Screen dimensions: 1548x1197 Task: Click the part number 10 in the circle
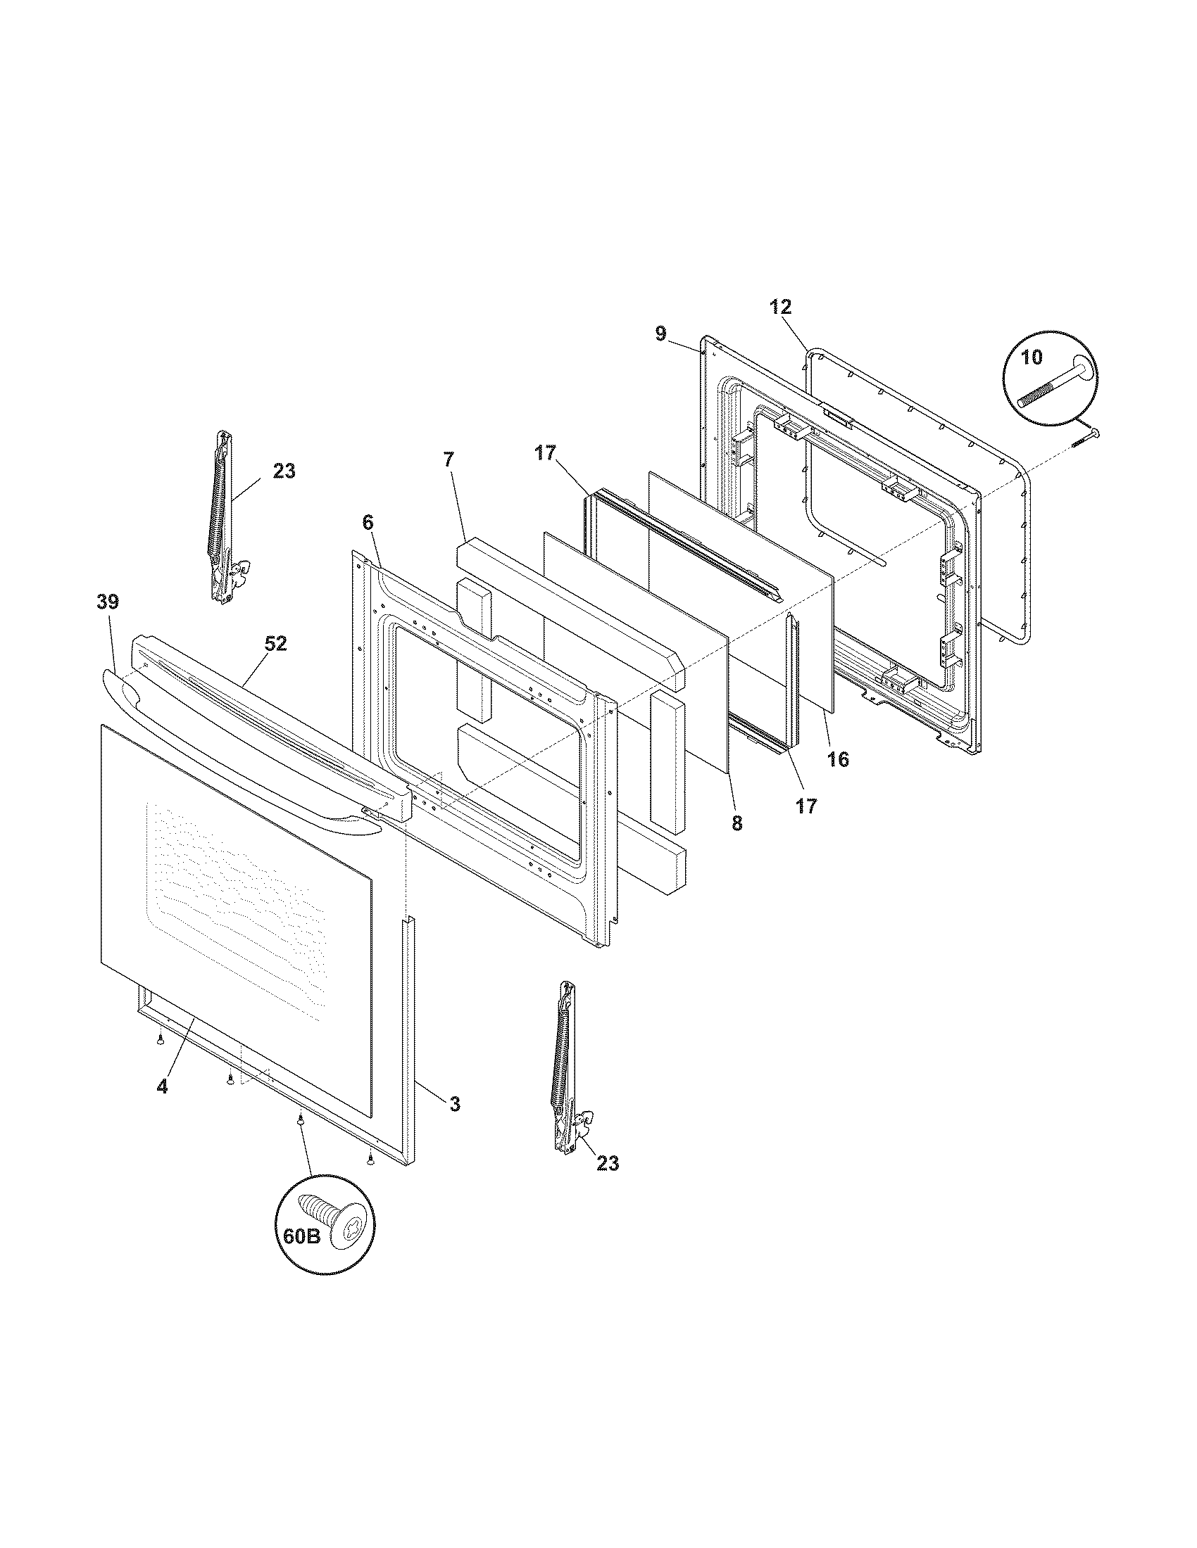coord(1032,357)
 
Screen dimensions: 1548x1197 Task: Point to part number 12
coord(780,307)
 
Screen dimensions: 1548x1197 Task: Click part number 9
coord(660,334)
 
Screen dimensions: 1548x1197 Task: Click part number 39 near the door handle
coord(108,602)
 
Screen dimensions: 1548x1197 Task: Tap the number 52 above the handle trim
coord(276,644)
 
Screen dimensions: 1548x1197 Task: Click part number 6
coord(367,522)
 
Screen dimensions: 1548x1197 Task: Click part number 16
coord(837,759)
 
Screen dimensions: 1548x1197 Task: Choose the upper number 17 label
coord(545,453)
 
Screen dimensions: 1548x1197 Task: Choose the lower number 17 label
coord(806,806)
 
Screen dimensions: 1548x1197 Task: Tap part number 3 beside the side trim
coord(455,1103)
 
